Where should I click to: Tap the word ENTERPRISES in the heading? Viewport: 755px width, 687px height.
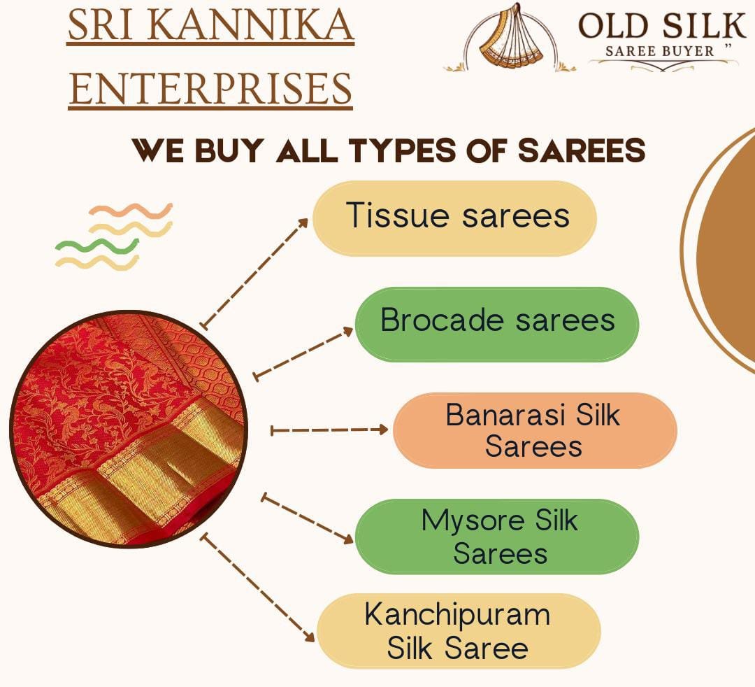(210, 89)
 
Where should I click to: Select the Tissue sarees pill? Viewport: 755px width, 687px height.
(454, 218)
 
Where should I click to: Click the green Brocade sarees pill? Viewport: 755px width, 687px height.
(497, 324)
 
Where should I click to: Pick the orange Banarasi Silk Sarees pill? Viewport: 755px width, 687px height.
(535, 430)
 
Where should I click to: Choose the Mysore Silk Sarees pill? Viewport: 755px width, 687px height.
(497, 536)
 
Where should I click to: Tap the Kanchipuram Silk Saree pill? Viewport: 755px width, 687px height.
(459, 630)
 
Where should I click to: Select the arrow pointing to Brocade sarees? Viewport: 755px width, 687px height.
(303, 353)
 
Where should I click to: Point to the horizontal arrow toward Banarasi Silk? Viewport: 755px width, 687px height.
(329, 430)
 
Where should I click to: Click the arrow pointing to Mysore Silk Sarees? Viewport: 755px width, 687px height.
(307, 518)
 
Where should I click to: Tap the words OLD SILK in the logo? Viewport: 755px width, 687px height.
(662, 26)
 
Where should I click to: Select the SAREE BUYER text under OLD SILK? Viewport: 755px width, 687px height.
(659, 51)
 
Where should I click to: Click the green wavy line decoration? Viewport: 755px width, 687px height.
(97, 246)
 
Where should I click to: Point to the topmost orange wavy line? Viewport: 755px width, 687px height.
(131, 211)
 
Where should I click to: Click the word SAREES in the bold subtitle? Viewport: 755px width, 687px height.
(582, 150)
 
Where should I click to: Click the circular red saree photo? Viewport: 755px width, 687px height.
(129, 429)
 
